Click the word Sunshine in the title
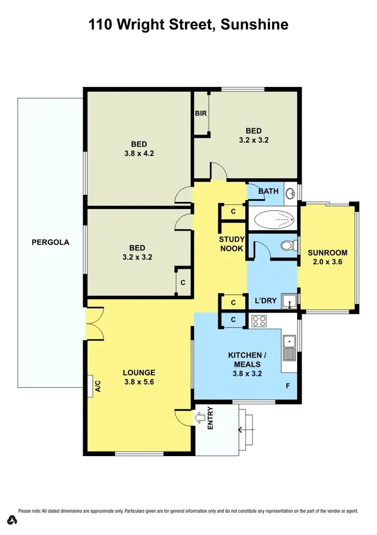pyautogui.click(x=255, y=25)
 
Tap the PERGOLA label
pyautogui.click(x=50, y=242)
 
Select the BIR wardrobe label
pyautogui.click(x=201, y=114)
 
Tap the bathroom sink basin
pyautogui.click(x=290, y=193)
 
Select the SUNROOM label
pyautogui.click(x=327, y=252)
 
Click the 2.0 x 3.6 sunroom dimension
pyautogui.click(x=327, y=261)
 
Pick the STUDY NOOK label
pyautogui.click(x=231, y=244)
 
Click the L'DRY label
pyautogui.click(x=266, y=301)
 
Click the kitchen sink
pyautogui.click(x=289, y=348)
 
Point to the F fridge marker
pyautogui.click(x=288, y=386)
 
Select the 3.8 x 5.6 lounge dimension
pyautogui.click(x=139, y=382)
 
